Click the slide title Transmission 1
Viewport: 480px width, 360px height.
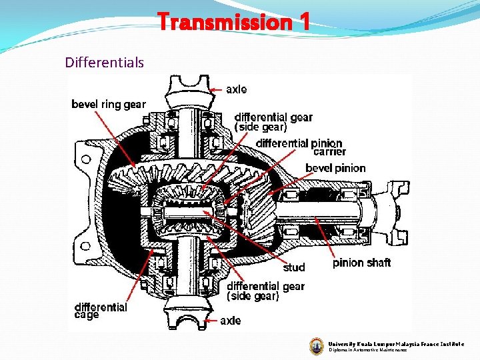234,23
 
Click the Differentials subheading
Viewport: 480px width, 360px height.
104,63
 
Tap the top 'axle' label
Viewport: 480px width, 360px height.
236,89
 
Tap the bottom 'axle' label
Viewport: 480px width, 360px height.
231,321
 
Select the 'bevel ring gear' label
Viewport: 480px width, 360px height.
108,104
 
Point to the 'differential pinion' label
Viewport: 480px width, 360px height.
299,143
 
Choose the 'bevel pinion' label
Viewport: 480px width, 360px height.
335,167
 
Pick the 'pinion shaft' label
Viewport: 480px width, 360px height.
361,263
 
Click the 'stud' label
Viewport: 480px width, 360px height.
293,267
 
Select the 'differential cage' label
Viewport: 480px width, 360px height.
100,311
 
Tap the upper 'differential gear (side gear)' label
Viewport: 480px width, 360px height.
273,122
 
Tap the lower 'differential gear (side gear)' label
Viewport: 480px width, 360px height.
265,291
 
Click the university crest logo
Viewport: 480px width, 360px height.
317,345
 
